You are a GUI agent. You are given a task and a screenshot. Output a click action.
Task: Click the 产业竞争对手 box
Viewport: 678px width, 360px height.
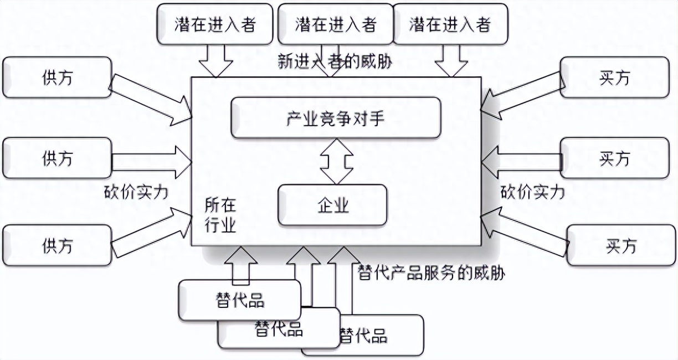(336, 118)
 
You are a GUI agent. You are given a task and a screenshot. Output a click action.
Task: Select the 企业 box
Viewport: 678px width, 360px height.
(333, 205)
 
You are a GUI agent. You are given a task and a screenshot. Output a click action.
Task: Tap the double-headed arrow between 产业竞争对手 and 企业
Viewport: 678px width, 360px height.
(336, 161)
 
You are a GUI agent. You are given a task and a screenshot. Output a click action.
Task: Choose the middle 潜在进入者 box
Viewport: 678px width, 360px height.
(335, 24)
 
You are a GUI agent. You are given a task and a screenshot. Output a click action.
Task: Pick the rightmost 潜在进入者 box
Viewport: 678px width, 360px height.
(450, 24)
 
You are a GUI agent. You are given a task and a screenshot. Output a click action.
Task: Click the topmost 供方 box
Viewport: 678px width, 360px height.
(57, 78)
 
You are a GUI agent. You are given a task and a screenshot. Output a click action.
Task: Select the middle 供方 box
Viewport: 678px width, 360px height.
(57, 158)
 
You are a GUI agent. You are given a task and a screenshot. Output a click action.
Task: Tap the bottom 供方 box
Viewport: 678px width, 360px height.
(57, 245)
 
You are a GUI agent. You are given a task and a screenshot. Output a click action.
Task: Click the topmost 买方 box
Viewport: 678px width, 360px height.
(614, 78)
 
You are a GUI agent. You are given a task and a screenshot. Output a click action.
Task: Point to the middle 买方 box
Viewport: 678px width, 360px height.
(614, 158)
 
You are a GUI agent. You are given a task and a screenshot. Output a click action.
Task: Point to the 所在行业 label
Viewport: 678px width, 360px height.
(220, 215)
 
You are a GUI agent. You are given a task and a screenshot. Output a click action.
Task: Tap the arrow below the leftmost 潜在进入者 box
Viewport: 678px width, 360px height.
(216, 60)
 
